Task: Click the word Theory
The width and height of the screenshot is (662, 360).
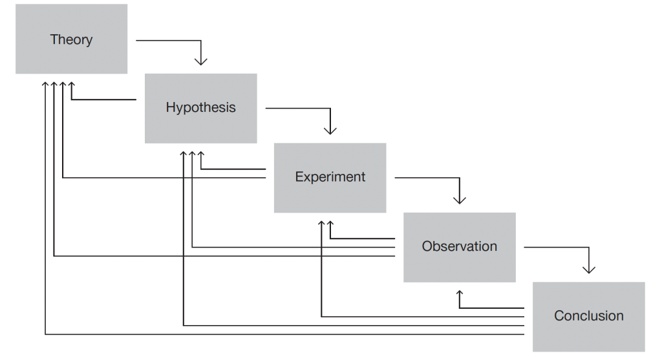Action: (x=71, y=40)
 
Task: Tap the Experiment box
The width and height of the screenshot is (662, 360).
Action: (x=330, y=194)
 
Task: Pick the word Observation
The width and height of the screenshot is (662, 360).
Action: (x=459, y=246)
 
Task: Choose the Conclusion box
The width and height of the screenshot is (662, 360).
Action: (x=588, y=333)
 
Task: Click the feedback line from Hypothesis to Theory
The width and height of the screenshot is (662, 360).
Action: (x=103, y=100)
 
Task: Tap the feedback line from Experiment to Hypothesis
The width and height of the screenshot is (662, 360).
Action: (x=233, y=169)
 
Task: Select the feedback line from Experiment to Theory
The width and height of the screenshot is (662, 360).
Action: (x=162, y=177)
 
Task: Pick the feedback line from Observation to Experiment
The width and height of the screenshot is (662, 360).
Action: (x=362, y=238)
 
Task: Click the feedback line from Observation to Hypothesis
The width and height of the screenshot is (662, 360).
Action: (x=291, y=247)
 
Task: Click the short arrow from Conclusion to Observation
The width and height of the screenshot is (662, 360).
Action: (x=491, y=308)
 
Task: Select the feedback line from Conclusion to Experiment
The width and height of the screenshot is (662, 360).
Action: (x=420, y=317)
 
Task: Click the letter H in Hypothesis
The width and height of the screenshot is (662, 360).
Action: (x=171, y=107)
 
